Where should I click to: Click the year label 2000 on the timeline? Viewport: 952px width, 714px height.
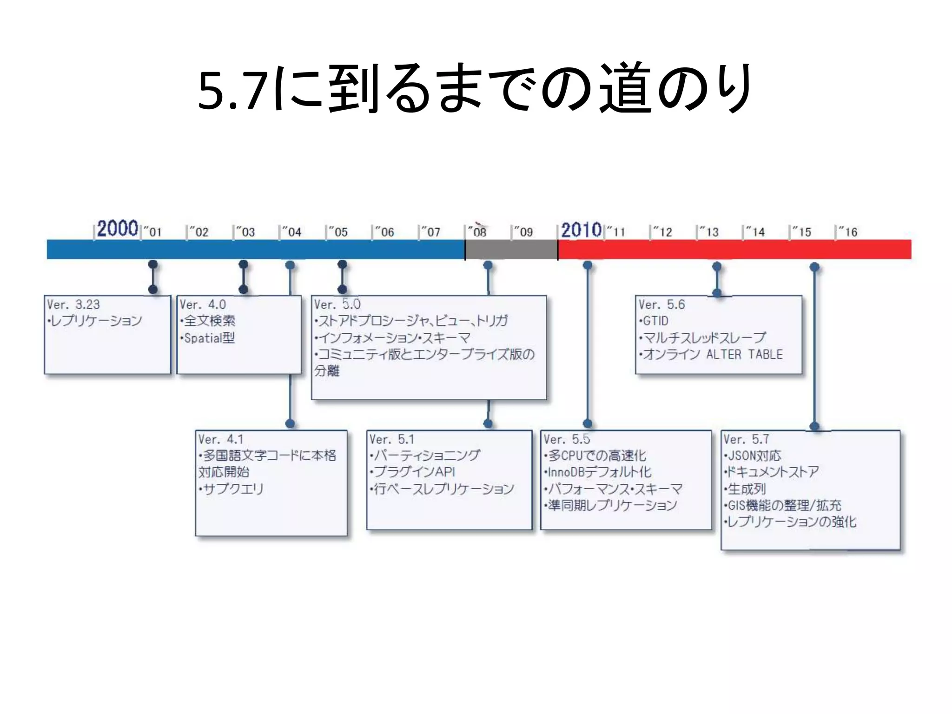tap(117, 229)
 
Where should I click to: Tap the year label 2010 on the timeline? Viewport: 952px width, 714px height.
tap(582, 230)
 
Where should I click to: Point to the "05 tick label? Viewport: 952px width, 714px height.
tap(338, 232)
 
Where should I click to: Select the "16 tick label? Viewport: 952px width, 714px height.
tap(848, 232)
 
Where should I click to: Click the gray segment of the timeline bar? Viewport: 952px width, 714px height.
tap(511, 250)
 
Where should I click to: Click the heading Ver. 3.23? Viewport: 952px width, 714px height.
tap(73, 305)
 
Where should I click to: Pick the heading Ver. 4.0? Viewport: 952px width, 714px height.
tap(203, 305)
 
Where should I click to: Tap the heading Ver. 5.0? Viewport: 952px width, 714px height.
tap(337, 305)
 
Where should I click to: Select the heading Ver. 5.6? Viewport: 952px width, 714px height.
tap(661, 305)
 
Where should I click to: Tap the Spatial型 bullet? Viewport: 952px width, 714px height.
tap(209, 338)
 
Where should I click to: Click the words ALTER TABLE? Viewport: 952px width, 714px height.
tap(745, 355)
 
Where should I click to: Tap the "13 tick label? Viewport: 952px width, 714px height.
tap(709, 232)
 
